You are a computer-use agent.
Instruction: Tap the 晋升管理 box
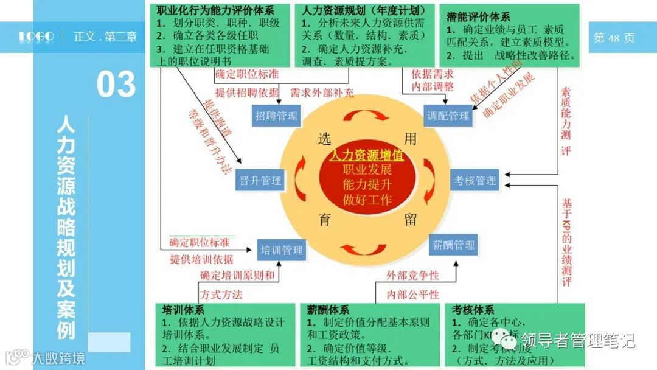260,181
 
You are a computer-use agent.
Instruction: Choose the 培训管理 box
281,250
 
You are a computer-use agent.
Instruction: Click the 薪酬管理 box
453,245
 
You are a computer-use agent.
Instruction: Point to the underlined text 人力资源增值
367,155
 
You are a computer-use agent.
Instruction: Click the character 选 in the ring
324,139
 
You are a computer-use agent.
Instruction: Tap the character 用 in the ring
411,139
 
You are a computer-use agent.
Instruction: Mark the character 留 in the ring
411,220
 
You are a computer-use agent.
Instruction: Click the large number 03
116,84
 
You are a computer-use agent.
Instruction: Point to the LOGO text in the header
36,37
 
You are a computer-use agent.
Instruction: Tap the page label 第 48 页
614,38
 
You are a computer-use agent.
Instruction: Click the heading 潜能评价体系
478,17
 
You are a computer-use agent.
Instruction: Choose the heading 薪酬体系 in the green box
328,309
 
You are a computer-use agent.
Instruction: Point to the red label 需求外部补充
322,93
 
